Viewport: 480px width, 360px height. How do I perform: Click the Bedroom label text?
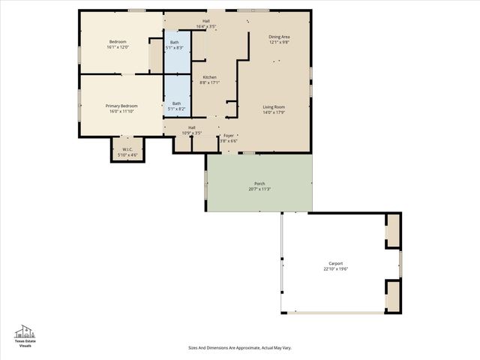118,42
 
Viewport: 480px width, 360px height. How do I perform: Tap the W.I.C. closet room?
127,149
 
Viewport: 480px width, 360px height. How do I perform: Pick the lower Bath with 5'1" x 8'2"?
176,104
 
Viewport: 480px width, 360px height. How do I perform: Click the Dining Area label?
280,37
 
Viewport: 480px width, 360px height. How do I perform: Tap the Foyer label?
228,136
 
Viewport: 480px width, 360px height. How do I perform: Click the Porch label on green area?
259,184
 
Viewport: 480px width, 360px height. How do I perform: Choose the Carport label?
335,263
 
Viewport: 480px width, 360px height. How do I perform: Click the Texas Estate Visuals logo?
25,336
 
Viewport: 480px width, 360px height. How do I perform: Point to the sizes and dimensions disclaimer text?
239,347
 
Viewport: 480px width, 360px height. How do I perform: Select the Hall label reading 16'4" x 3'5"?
205,21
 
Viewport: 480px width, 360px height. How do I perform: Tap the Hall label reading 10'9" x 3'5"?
192,128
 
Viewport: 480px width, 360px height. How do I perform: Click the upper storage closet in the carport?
392,231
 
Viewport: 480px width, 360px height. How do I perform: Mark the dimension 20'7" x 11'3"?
259,189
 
